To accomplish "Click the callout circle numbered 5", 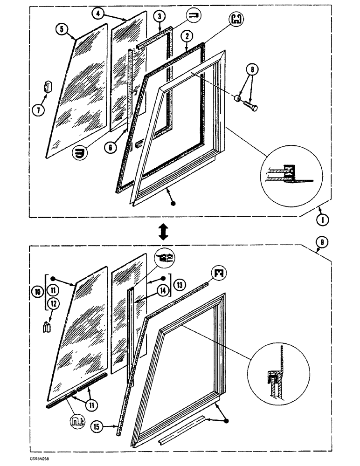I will pyautogui.click(x=60, y=29).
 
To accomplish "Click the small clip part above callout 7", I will pyautogui.click(x=48, y=87).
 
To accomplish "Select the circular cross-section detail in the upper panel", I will pyautogui.click(x=292, y=173).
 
